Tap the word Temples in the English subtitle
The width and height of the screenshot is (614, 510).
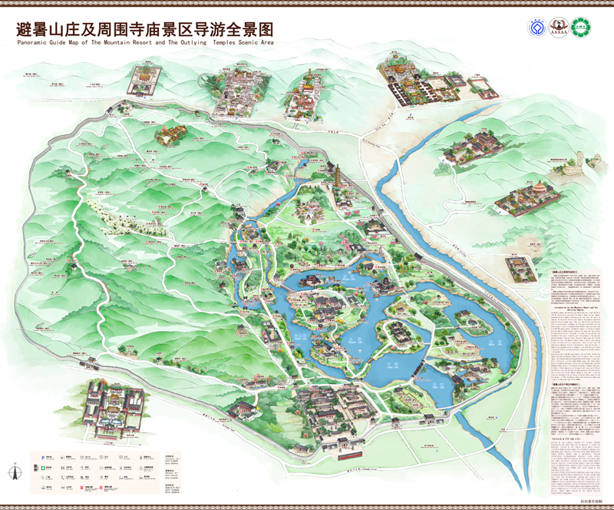216,43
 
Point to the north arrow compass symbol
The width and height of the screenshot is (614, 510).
14,470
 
